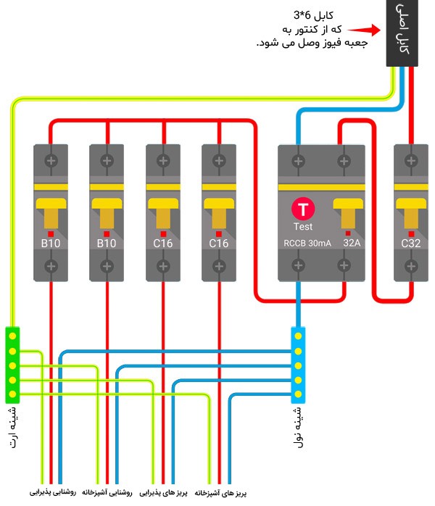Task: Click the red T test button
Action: [303, 209]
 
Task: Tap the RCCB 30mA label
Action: [307, 244]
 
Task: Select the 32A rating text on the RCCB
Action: [352, 243]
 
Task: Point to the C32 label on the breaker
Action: [410, 243]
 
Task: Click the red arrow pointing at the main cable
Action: [364, 30]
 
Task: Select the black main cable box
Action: [402, 33]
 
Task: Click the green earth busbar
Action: [12, 365]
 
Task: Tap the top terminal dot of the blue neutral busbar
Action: [298, 336]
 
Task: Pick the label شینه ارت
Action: [13, 428]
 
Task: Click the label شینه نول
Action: [298, 427]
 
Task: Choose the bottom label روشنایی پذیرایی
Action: [53, 492]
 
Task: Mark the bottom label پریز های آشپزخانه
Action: [220, 493]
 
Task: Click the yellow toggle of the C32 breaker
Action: [411, 213]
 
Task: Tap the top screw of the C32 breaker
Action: [411, 160]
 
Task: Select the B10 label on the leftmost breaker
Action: [51, 243]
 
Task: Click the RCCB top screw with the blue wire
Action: [298, 161]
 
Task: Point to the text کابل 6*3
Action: [313, 15]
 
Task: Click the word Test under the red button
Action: [303, 226]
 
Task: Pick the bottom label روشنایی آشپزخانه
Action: [107, 492]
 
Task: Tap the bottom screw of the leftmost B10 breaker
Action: [51, 266]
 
